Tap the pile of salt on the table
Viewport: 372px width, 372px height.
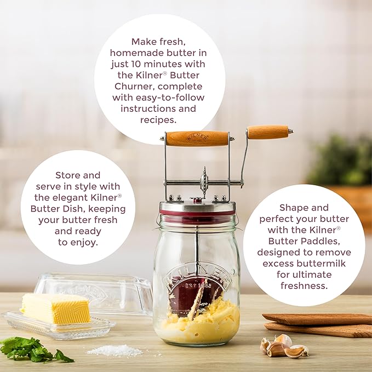tap(115, 350)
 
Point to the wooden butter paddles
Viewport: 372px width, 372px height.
tap(318, 324)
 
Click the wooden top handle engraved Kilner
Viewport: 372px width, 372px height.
tap(197, 138)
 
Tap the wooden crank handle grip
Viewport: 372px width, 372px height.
tap(268, 132)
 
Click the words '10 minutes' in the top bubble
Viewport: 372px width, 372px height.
tap(174, 64)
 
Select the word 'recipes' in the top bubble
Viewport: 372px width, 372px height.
tap(159, 120)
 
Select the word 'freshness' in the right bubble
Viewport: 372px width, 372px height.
tap(304, 285)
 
